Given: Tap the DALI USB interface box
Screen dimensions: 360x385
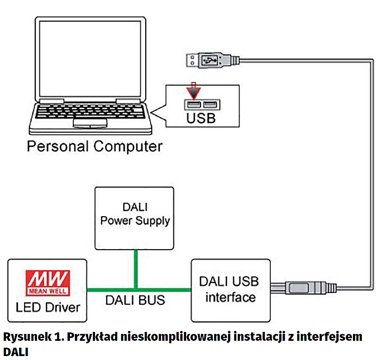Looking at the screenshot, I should point(231,290).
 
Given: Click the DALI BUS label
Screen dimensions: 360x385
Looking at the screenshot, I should point(135,300).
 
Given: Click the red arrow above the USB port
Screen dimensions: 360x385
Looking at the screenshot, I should point(193,92).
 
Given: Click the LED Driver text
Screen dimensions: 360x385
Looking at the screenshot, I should point(48,307).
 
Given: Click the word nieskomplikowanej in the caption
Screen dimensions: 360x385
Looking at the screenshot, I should point(171,337).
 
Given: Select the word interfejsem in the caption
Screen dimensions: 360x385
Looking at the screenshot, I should point(331,337).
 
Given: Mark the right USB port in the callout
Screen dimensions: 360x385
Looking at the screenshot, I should point(210,104).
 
